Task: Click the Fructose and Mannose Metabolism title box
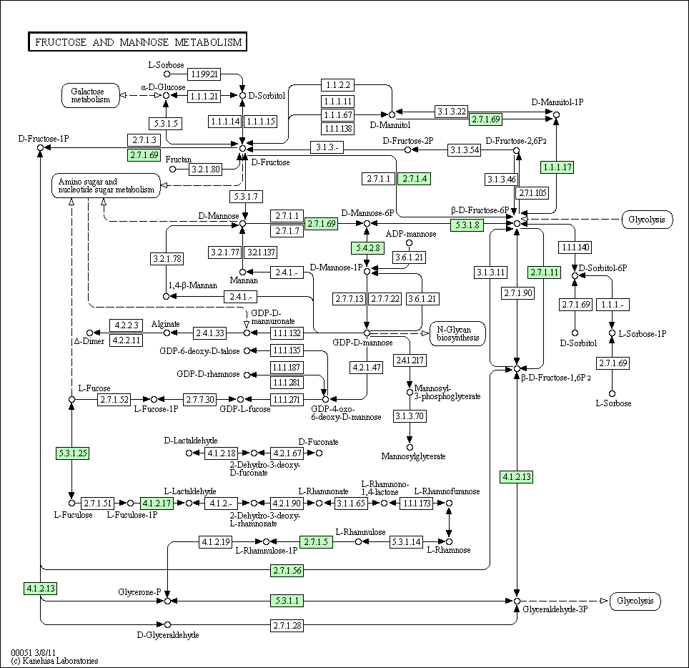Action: (137, 41)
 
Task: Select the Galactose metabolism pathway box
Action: (91, 95)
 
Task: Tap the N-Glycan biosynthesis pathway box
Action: (458, 334)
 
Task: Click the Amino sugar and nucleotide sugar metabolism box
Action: (106, 185)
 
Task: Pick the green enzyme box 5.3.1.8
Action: (467, 225)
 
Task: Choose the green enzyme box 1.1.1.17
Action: (557, 167)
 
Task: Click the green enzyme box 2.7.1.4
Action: (415, 179)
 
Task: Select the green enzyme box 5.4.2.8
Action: (368, 248)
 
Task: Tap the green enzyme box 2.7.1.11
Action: (545, 272)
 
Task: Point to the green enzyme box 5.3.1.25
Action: (73, 453)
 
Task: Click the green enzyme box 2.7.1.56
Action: (287, 570)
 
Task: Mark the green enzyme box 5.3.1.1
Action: (287, 601)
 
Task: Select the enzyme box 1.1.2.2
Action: (338, 85)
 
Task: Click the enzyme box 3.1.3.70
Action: (410, 416)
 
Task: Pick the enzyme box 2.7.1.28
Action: (287, 625)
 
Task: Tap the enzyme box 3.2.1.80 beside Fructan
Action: (206, 169)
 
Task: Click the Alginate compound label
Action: (165, 324)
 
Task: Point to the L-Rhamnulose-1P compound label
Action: (267, 551)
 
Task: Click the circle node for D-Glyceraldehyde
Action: (167, 625)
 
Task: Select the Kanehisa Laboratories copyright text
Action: (55, 661)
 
